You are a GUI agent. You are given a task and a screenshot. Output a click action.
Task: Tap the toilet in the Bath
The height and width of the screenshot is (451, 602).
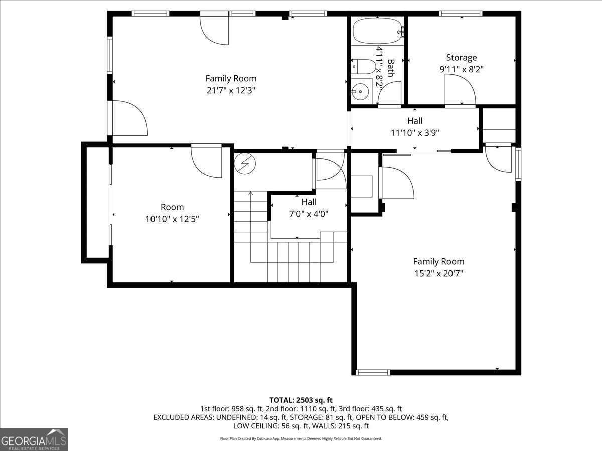coord(363,67)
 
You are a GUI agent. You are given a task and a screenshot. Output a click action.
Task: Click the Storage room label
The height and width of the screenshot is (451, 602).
coord(462,58)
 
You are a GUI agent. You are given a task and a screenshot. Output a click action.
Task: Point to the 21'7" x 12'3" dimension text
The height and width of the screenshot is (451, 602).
coord(231,90)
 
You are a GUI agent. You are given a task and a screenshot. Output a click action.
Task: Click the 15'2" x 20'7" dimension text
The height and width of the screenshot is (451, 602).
coord(438,273)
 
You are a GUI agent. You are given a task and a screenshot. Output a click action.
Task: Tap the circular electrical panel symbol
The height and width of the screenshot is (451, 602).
coord(245,163)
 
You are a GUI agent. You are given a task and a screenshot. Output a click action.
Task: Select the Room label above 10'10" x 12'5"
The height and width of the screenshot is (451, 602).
coord(172,207)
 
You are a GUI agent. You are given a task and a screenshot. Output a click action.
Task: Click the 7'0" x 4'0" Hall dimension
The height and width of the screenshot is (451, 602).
coord(309,214)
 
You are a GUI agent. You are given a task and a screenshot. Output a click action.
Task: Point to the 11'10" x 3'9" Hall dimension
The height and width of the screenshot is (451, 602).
coord(415,133)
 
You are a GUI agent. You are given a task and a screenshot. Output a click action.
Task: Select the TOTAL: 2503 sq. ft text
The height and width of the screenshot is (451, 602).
coord(301,400)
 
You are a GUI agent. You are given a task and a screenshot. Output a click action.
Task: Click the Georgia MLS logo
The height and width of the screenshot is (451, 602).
coord(34,439)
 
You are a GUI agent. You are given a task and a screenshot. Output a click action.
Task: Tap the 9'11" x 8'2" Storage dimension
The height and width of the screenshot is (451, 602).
coord(462,69)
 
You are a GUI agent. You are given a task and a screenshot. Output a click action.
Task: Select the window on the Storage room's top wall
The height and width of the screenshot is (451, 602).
coord(461,13)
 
